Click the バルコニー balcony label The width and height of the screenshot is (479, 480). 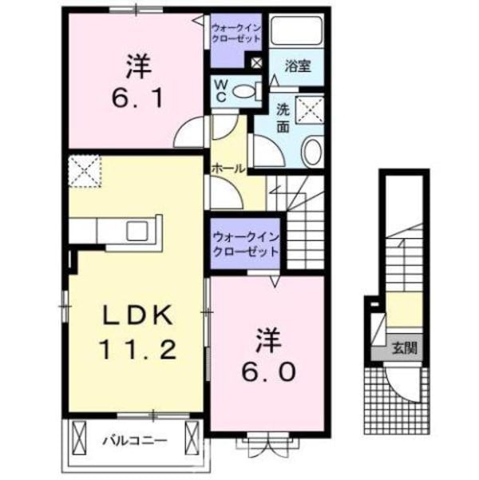tap(133, 439)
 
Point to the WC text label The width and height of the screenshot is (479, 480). tap(220, 89)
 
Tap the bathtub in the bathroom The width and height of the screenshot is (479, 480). tap(296, 32)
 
